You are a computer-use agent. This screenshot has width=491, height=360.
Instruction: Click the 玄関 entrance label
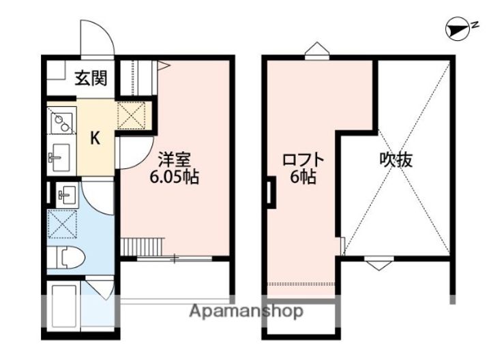tap(91, 78)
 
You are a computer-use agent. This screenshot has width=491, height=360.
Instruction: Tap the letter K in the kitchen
tap(95, 138)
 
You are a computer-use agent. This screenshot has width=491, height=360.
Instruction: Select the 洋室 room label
tap(175, 160)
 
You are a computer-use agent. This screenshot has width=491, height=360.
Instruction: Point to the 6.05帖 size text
tap(174, 178)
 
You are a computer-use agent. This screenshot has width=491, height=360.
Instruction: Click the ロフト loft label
tap(303, 160)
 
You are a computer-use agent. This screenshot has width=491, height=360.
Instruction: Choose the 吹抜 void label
tap(396, 160)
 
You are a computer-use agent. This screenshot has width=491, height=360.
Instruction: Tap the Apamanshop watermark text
tap(246, 312)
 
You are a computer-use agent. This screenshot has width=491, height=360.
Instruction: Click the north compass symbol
tap(458, 29)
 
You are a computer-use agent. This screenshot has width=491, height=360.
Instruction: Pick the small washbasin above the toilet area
tap(67, 195)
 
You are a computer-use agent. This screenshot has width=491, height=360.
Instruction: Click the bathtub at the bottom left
tap(64, 306)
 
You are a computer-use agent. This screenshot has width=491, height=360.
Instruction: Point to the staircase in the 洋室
tap(142, 246)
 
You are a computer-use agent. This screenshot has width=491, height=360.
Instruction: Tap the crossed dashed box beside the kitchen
tap(131, 115)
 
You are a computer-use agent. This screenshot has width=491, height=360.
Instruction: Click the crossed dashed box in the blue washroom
tap(62, 224)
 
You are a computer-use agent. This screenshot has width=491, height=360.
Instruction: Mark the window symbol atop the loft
tap(317, 50)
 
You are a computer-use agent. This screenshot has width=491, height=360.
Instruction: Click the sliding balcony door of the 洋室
tap(175, 258)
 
